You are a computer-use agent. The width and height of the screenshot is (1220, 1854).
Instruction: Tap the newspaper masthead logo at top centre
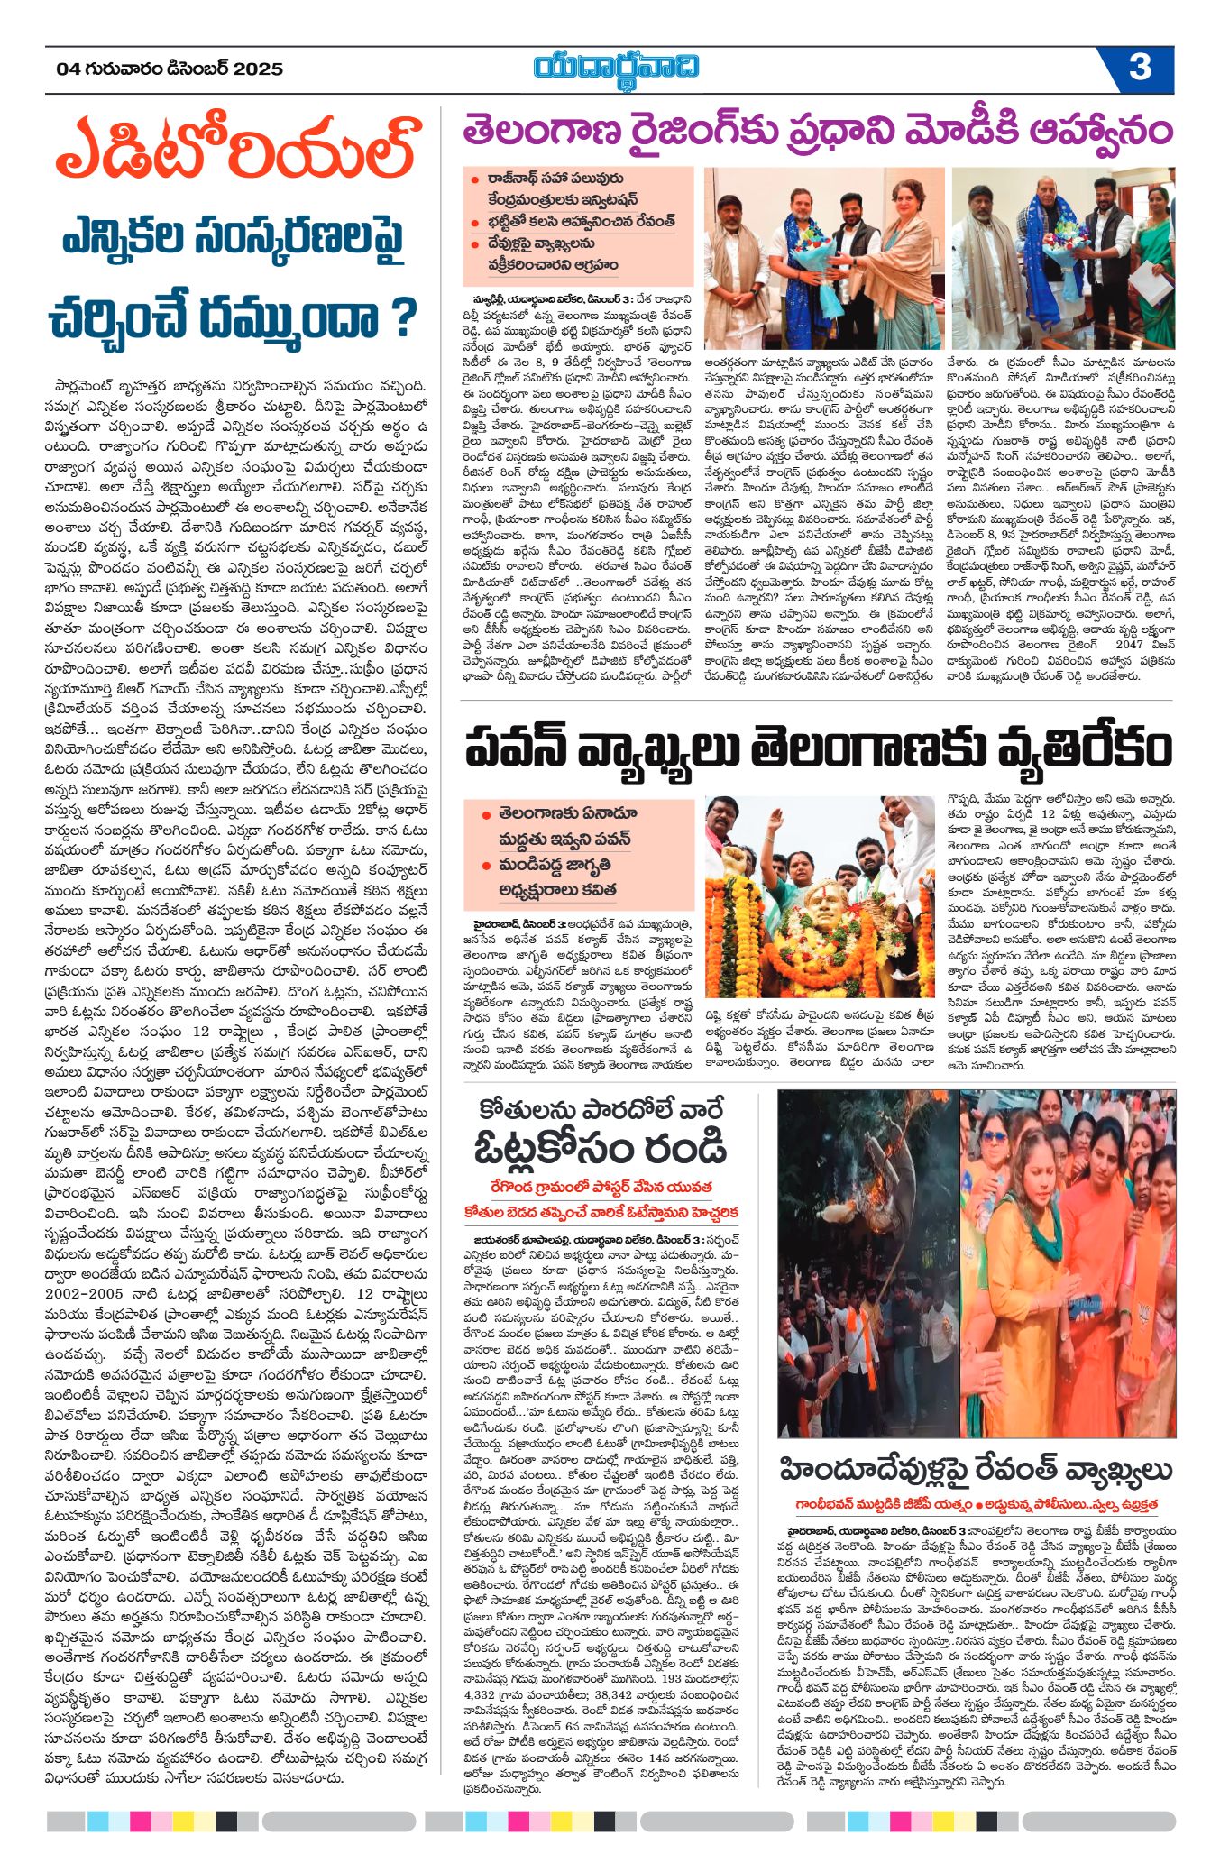616,69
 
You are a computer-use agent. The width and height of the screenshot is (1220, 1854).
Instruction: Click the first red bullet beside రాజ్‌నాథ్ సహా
474,179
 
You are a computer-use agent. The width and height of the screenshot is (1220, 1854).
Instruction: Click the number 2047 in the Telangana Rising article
1129,644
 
